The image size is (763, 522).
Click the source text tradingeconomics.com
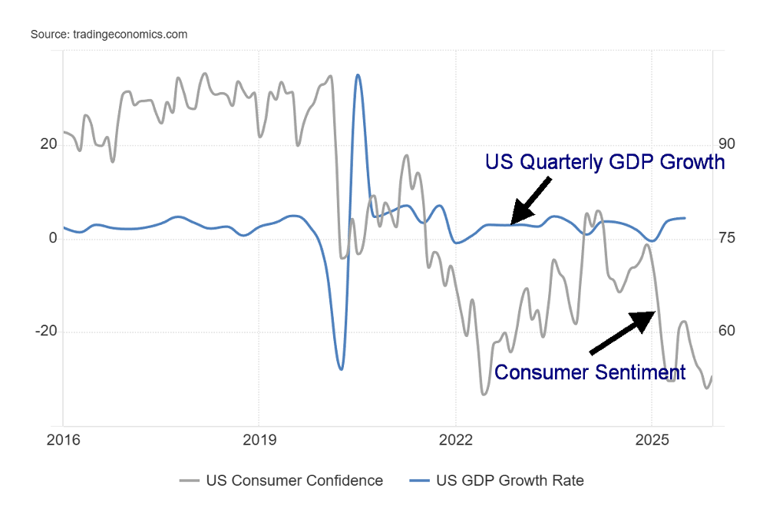point(108,35)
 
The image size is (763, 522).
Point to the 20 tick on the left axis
point(48,144)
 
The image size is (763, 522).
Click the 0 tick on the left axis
point(53,238)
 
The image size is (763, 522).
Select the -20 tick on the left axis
point(46,332)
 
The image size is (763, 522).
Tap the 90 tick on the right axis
point(727,144)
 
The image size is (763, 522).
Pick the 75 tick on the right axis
point(727,238)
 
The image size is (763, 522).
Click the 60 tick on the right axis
point(727,332)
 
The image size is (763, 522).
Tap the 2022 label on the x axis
point(455,441)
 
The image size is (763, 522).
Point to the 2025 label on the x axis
point(651,441)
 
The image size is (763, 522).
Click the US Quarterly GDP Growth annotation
point(604,162)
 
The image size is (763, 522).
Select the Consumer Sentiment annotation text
point(590,372)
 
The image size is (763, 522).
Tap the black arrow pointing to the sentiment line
point(623,333)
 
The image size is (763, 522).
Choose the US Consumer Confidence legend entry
point(281,481)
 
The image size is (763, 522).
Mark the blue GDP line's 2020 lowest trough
point(341,369)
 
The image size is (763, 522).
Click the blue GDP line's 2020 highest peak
point(358,75)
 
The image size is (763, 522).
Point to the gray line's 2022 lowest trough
point(484,395)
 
